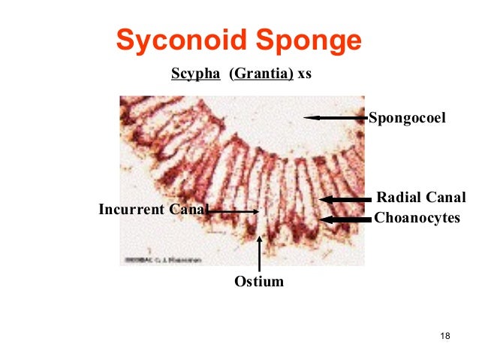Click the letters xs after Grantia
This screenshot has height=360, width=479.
tap(304, 77)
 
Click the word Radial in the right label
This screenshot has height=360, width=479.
tap(397, 198)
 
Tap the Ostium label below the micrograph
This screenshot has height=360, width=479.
tap(259, 282)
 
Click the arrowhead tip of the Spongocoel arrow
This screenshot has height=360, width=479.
tap(306, 117)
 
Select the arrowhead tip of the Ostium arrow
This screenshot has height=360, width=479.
tap(259, 237)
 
